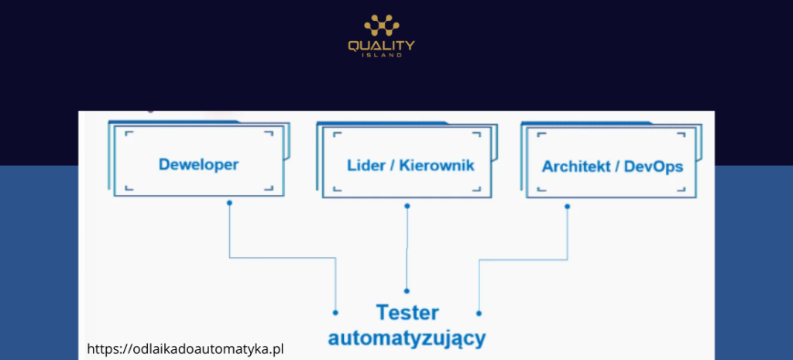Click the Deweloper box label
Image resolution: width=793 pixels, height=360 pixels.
(x=198, y=165)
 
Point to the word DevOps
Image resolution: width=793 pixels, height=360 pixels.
(x=654, y=166)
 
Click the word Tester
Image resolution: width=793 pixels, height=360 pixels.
(x=407, y=313)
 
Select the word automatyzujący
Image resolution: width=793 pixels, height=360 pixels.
(x=407, y=338)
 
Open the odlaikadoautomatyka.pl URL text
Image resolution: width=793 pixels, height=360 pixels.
(x=186, y=349)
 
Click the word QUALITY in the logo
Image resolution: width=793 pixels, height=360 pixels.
(x=381, y=46)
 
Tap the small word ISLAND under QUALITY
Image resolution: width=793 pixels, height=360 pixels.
(x=381, y=56)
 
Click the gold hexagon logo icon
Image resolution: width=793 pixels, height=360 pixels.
(x=380, y=26)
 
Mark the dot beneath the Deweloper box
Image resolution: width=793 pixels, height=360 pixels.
(x=229, y=203)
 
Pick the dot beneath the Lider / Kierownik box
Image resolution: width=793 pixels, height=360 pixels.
(x=407, y=206)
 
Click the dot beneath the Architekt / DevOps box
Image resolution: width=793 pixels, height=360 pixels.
(x=568, y=206)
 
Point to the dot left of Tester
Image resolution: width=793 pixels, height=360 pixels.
(x=335, y=313)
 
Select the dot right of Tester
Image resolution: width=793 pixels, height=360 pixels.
(x=479, y=313)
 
